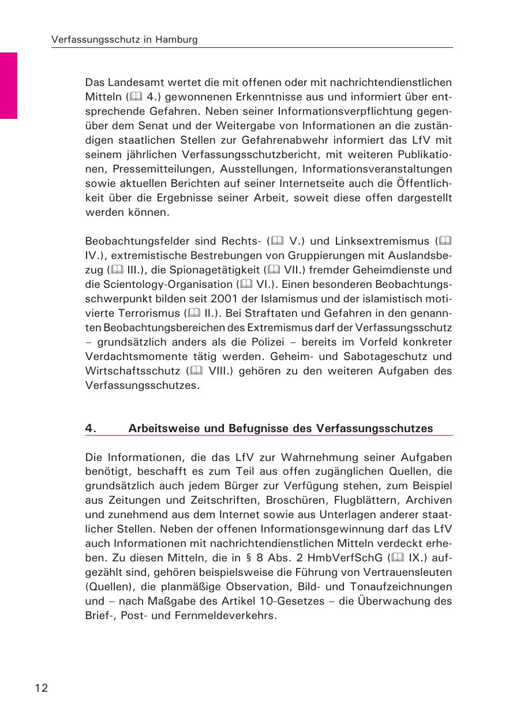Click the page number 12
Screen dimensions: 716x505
(x=41, y=687)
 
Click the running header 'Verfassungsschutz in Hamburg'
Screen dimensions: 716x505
(x=125, y=40)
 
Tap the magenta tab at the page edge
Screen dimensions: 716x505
(x=9, y=85)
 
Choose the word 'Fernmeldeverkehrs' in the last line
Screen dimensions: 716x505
(x=229, y=615)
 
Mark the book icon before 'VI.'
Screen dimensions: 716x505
(x=243, y=284)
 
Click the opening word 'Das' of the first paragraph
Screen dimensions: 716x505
(x=95, y=83)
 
